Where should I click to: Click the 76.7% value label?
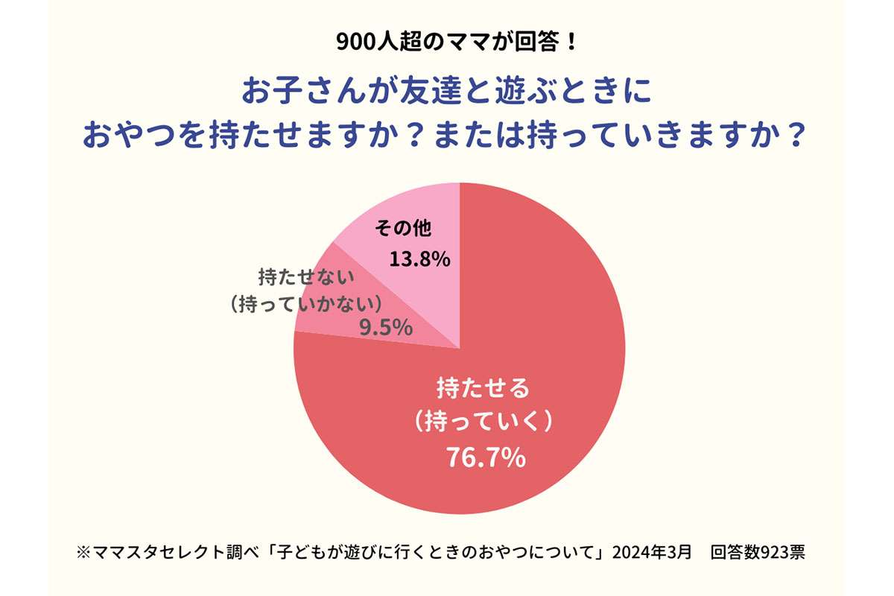[485, 457]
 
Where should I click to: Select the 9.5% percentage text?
[386, 327]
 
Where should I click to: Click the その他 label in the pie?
[403, 229]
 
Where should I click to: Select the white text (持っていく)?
[484, 422]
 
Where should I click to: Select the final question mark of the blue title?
[796, 136]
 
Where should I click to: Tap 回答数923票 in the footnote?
[757, 554]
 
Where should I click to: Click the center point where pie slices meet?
[459, 349]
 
